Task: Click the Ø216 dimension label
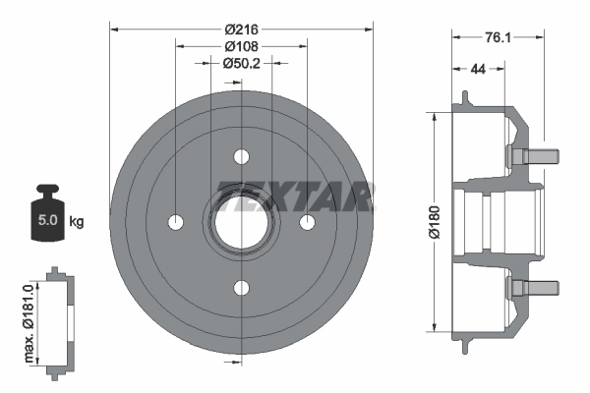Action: tap(241, 29)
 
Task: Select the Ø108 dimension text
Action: tap(241, 45)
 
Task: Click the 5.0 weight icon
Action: tap(46, 213)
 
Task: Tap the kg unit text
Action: tap(77, 221)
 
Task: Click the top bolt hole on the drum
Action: tap(241, 156)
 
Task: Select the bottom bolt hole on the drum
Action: tap(241, 287)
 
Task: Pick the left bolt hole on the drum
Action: tap(176, 221)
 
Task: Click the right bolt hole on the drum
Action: tap(306, 221)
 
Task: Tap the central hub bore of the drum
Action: tap(241, 221)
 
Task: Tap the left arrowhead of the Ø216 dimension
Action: tap(114, 29)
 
